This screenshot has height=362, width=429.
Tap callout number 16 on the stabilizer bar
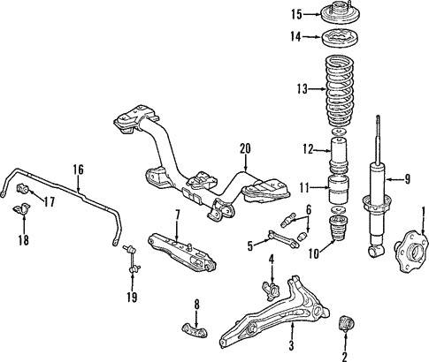coord(78,169)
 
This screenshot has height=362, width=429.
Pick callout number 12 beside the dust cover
coord(308,149)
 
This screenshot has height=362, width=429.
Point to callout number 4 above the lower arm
coord(272,260)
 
